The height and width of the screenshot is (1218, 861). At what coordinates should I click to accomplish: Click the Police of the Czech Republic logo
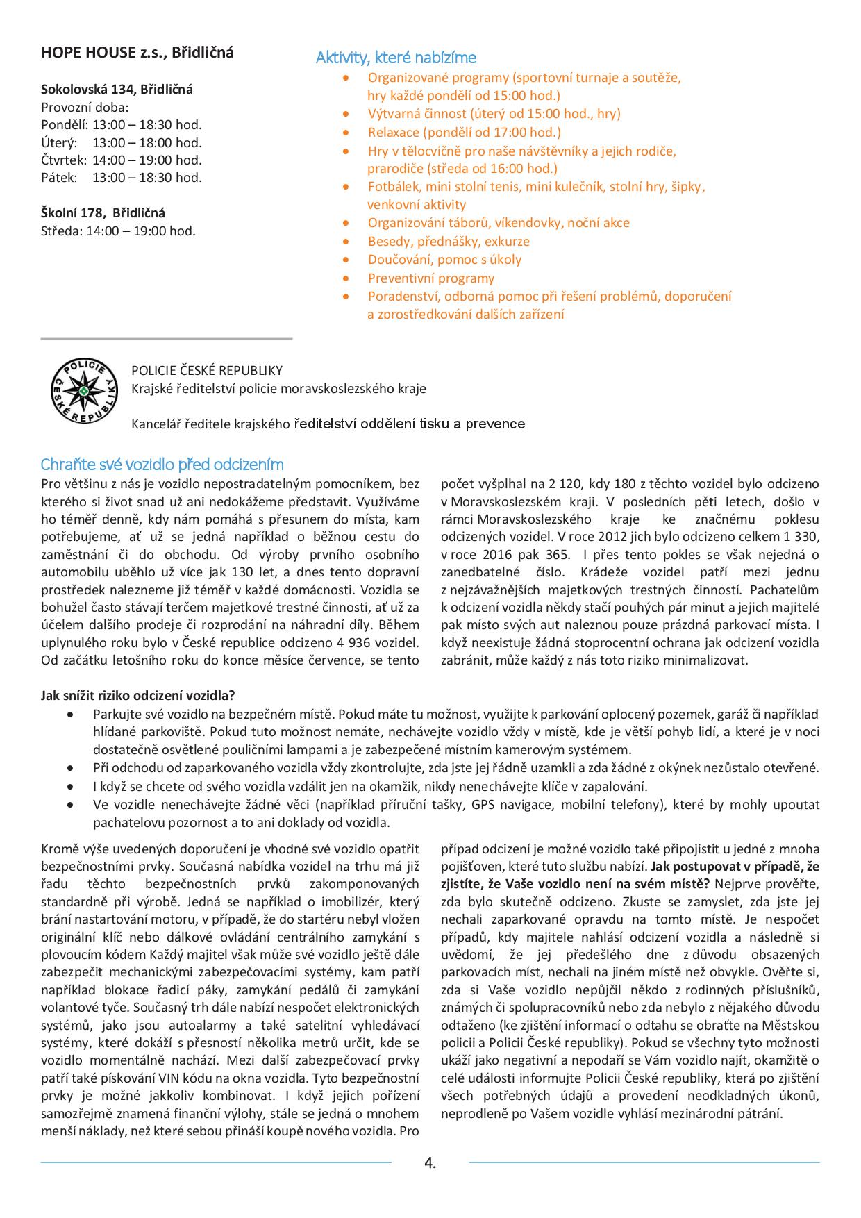click(84, 390)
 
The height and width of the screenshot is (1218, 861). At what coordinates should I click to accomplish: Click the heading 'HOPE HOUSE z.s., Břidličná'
click(137, 53)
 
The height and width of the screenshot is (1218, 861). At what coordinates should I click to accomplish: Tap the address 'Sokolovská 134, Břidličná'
click(117, 90)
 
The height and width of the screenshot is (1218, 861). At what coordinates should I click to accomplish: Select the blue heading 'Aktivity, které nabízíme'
click(396, 58)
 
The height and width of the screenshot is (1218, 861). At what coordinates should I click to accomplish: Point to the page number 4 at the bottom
click(430, 1163)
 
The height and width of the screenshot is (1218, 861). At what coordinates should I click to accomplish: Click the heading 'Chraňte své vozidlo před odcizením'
click(162, 464)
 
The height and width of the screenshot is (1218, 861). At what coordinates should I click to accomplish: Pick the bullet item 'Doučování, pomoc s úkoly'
click(444, 260)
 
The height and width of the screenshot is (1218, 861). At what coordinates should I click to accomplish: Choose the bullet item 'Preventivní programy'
click(431, 278)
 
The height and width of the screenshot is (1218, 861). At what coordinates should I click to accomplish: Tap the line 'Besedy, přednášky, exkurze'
click(449, 242)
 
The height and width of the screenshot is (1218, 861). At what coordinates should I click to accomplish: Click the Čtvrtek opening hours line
click(122, 160)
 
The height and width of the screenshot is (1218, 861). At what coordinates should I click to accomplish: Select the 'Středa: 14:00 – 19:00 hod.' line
click(118, 231)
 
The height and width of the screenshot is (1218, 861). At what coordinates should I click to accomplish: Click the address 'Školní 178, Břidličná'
click(103, 213)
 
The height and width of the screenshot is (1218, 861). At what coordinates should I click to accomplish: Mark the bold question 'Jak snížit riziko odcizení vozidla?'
click(137, 695)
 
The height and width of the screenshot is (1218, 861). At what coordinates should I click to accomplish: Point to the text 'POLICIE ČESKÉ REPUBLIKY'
click(207, 371)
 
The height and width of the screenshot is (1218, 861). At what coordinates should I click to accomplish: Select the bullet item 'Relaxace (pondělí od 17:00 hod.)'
click(464, 132)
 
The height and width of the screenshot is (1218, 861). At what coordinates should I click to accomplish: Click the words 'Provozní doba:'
click(85, 108)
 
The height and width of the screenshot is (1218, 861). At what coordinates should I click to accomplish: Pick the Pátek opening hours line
click(122, 178)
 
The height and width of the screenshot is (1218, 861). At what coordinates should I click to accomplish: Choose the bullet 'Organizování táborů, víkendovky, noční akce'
click(499, 223)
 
